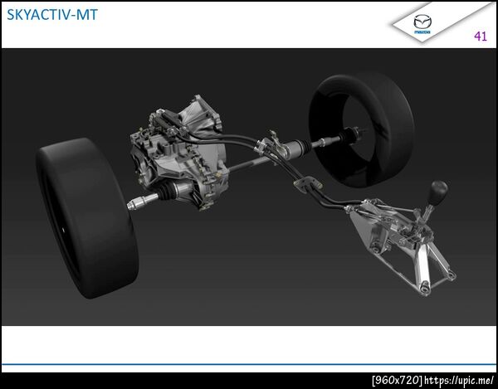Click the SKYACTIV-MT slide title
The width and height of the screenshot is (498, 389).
[x=52, y=15]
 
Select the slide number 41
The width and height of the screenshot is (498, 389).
[x=481, y=36]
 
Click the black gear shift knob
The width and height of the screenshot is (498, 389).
[x=438, y=189]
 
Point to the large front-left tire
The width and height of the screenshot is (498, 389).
[x=86, y=217]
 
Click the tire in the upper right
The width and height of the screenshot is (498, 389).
[x=361, y=129]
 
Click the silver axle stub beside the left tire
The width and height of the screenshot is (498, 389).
[x=142, y=202]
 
